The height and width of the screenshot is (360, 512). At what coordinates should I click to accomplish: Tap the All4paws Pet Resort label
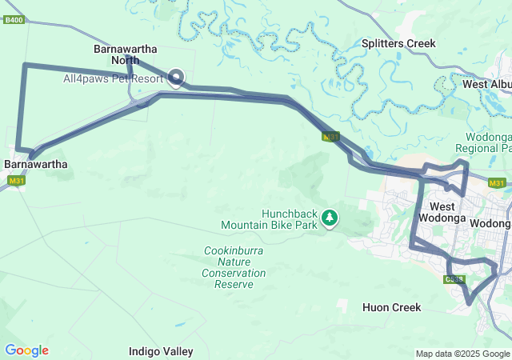(114, 78)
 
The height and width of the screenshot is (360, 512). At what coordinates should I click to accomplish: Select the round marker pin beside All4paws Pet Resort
(176, 77)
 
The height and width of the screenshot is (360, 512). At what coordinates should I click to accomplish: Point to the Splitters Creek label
(398, 43)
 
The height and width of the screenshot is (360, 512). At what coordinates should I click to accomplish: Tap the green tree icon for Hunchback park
(329, 217)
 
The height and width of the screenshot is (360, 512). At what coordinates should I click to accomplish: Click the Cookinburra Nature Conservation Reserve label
(234, 267)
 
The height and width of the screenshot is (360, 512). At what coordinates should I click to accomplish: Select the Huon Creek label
(391, 307)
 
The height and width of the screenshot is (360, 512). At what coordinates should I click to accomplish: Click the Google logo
(26, 350)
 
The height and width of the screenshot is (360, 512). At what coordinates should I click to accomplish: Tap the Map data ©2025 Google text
(462, 354)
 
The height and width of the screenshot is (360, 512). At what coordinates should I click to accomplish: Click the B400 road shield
(14, 19)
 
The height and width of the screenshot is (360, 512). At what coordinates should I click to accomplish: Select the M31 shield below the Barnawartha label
(17, 181)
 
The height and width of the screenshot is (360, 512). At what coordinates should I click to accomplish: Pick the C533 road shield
(454, 278)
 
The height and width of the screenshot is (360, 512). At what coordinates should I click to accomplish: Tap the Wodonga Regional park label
(482, 142)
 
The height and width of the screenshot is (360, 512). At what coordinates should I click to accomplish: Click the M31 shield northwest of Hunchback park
(331, 137)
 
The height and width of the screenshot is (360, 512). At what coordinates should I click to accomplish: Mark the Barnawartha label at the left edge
(35, 164)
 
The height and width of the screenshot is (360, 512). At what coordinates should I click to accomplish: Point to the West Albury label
(486, 84)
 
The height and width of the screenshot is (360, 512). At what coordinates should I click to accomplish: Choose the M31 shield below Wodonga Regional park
(497, 183)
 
